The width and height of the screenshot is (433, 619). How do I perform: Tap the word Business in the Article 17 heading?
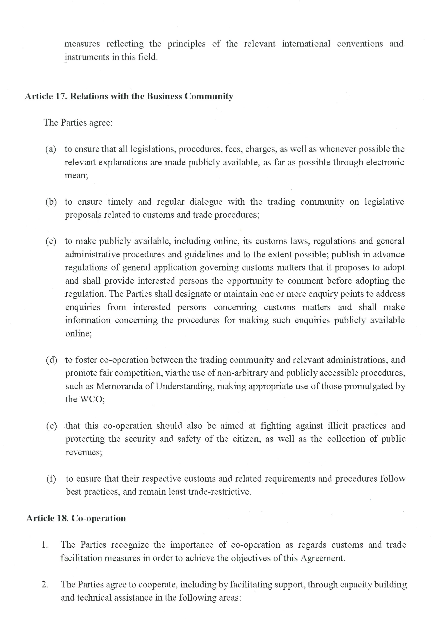coord(164,96)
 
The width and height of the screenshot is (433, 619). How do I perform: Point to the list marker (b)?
coord(51,202)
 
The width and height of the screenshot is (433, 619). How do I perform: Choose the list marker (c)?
coord(51,241)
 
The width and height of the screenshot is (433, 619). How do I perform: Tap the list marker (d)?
coord(51,360)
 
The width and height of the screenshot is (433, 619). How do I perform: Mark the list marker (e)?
coord(51,426)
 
